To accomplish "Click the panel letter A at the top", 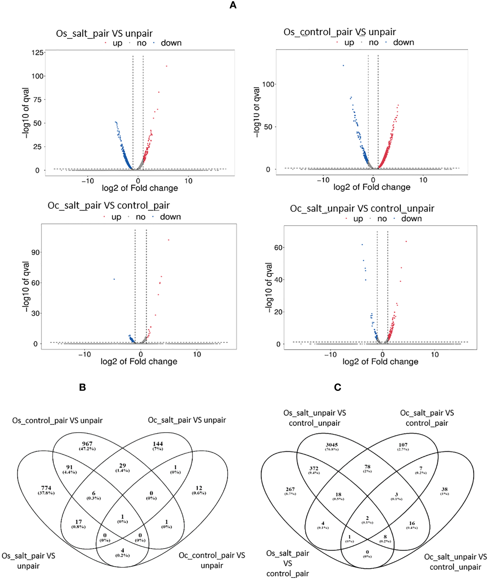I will (233, 5).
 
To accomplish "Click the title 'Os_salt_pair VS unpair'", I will (104, 33).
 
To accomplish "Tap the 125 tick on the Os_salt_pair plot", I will (38, 53).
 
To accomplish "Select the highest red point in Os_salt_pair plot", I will (167, 66).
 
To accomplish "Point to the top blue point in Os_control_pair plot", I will (343, 65).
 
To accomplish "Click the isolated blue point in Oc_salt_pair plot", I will (114, 279).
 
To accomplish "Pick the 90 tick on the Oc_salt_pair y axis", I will (35, 252).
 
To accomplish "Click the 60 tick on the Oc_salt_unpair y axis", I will (278, 248).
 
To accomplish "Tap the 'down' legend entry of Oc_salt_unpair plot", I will (411, 219).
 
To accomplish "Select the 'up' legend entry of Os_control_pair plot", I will (349, 43).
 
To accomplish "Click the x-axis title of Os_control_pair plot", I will (372, 187).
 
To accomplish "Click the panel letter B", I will (82, 387).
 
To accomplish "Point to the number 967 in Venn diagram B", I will (87, 444).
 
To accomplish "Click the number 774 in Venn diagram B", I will (46, 488).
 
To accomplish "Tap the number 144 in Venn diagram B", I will (158, 444).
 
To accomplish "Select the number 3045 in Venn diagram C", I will (332, 445).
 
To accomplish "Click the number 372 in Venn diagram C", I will (314, 468).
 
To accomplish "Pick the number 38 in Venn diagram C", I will (444, 489).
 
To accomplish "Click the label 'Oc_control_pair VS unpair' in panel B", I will (212, 560).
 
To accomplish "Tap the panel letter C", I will (337, 387).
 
